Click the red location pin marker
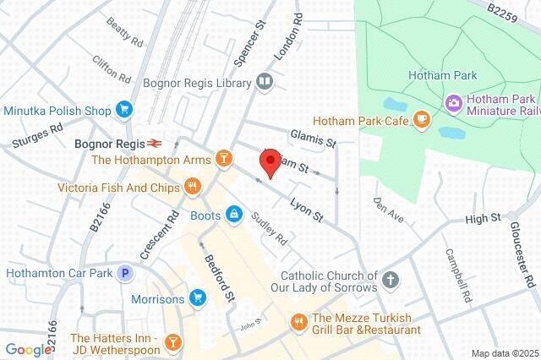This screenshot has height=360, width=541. [270, 162]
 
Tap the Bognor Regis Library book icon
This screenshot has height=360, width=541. [265, 83]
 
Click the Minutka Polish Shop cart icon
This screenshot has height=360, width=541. [124, 110]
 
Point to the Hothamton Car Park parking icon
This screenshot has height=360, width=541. [126, 273]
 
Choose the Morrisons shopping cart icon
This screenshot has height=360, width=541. [198, 297]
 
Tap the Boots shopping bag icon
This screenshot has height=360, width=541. [233, 215]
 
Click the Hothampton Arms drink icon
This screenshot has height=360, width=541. [223, 158]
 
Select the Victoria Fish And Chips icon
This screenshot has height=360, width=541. [193, 187]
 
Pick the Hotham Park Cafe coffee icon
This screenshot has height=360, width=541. [420, 121]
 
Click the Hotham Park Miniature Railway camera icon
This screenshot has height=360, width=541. [453, 103]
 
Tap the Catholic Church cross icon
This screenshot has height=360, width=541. [390, 279]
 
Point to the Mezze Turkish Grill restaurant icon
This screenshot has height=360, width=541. [298, 321]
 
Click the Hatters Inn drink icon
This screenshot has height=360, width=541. [172, 341]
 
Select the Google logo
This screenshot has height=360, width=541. [27, 349]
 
